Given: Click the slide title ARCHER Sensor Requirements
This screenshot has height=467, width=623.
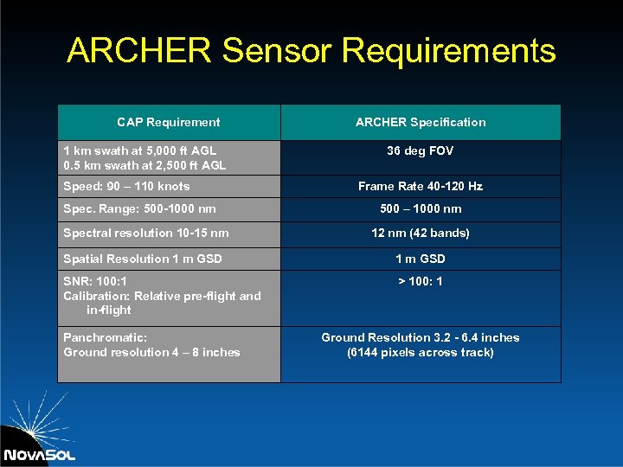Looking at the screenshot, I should click(311, 51).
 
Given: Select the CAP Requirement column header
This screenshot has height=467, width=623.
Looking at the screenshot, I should click(169, 122).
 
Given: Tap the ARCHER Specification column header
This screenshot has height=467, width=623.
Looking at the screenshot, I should click(421, 122).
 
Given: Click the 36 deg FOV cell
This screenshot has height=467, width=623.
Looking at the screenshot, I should click(421, 150).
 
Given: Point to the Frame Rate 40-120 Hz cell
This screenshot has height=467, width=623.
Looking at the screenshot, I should click(421, 186).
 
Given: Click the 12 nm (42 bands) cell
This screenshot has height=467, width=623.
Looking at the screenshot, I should click(421, 233).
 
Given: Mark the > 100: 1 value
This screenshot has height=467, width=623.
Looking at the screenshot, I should click(421, 281).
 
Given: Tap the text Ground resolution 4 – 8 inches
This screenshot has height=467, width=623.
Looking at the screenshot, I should click(151, 352).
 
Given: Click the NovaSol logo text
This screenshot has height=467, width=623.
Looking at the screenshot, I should click(39, 455).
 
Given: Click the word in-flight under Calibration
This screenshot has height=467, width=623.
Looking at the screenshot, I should click(108, 310).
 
